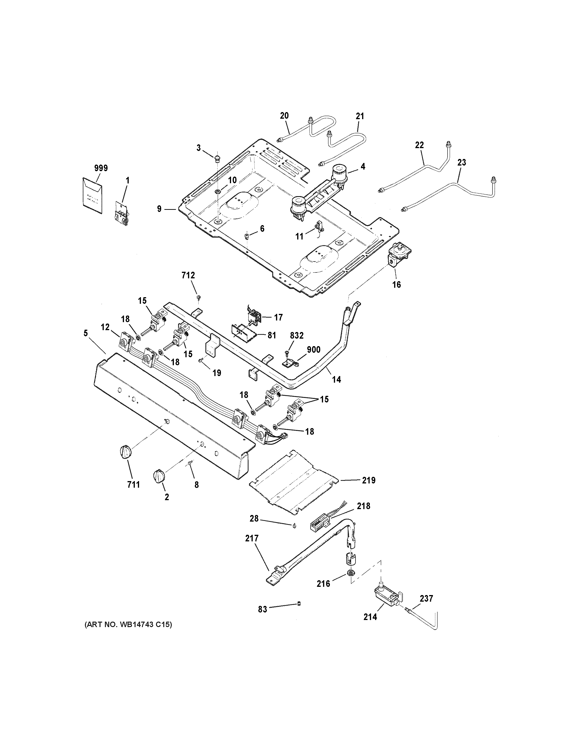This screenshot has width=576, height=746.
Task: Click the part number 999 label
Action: [101, 168]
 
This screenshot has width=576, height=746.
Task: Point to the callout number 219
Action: [368, 480]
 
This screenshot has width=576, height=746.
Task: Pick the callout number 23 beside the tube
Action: [461, 162]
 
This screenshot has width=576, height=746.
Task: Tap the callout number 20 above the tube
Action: [284, 116]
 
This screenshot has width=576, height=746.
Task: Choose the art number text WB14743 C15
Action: [128, 625]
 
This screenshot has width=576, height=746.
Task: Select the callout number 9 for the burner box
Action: [159, 209]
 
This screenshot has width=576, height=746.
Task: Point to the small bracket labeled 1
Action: [121, 214]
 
